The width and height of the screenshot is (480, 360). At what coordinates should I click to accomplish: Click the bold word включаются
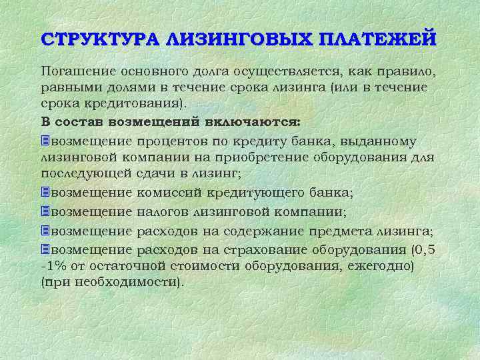click(x=256, y=123)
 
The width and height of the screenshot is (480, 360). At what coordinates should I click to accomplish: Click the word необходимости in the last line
click(x=137, y=283)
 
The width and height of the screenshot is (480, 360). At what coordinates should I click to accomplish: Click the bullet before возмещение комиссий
click(x=45, y=193)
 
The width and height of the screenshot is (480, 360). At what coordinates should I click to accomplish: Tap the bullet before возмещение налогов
click(x=45, y=211)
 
